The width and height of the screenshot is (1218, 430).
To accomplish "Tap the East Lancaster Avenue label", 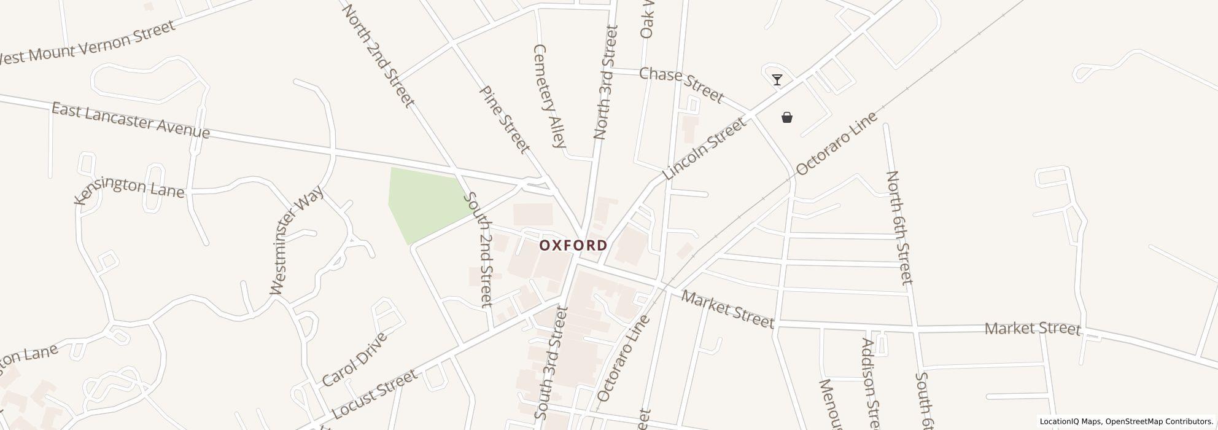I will pyautogui.click(x=130, y=120).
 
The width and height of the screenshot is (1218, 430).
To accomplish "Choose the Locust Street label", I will pyautogui.click(x=374, y=393).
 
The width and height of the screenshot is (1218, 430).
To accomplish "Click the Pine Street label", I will pyautogui.click(x=504, y=119).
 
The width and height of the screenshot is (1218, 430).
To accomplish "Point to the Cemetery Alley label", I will pyautogui.click(x=549, y=96).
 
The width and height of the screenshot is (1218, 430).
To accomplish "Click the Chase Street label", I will pyautogui.click(x=681, y=84).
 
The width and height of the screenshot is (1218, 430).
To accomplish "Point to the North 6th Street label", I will pyautogui.click(x=899, y=227).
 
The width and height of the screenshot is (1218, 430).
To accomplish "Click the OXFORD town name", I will pyautogui.click(x=573, y=245).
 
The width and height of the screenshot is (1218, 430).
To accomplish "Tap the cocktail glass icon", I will pyautogui.click(x=777, y=80).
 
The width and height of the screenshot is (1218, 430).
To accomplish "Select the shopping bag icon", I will pyautogui.click(x=787, y=117).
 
